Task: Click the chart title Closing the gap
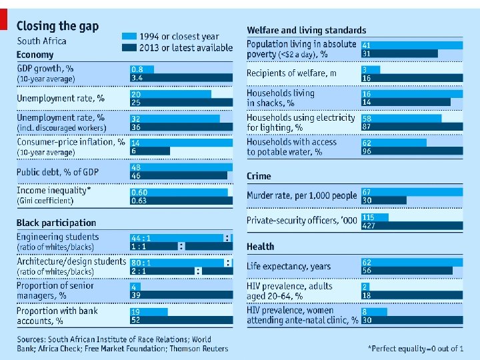click(x=57, y=26)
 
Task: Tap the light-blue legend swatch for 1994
click(x=129, y=36)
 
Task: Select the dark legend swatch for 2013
click(x=129, y=47)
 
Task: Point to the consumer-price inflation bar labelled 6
click(x=150, y=151)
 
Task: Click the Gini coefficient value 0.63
click(x=139, y=200)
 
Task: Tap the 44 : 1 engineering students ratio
click(x=141, y=238)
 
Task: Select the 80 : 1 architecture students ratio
click(x=141, y=263)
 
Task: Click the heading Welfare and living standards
click(x=306, y=30)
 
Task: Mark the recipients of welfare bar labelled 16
click(x=411, y=78)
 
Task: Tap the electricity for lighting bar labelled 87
click(x=411, y=127)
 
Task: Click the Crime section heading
click(x=259, y=176)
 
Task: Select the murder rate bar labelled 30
click(x=383, y=200)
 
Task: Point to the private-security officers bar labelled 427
click(x=411, y=225)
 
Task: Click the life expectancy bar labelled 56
click(x=407, y=271)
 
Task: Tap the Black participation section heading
click(x=56, y=223)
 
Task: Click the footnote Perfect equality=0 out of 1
click(x=415, y=349)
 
